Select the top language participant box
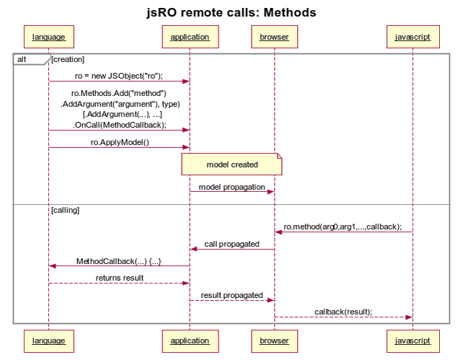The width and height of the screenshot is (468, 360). (48, 36)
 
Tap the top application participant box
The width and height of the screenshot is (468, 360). (190, 36)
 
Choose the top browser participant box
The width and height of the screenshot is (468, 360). (274, 36)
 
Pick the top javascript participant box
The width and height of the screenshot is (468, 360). (412, 36)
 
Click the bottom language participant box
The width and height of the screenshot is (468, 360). (48, 340)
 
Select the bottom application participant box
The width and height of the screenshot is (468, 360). (190, 340)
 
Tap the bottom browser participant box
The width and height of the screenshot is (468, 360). (274, 340)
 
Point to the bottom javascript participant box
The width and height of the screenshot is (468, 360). (412, 340)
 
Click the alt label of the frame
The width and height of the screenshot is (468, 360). (23, 59)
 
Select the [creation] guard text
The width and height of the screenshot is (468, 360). (68, 59)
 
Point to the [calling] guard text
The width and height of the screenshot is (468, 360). (66, 210)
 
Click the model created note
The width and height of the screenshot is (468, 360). (231, 164)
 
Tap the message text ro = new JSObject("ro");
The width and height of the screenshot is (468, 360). (119, 76)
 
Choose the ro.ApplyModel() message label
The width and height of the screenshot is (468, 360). (119, 142)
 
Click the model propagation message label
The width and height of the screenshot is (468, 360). (231, 187)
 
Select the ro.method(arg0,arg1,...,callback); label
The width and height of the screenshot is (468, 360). (343, 227)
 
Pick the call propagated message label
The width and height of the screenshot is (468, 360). (231, 244)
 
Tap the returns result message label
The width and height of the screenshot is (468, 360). (119, 278)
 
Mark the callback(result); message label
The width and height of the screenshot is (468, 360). (343, 312)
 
